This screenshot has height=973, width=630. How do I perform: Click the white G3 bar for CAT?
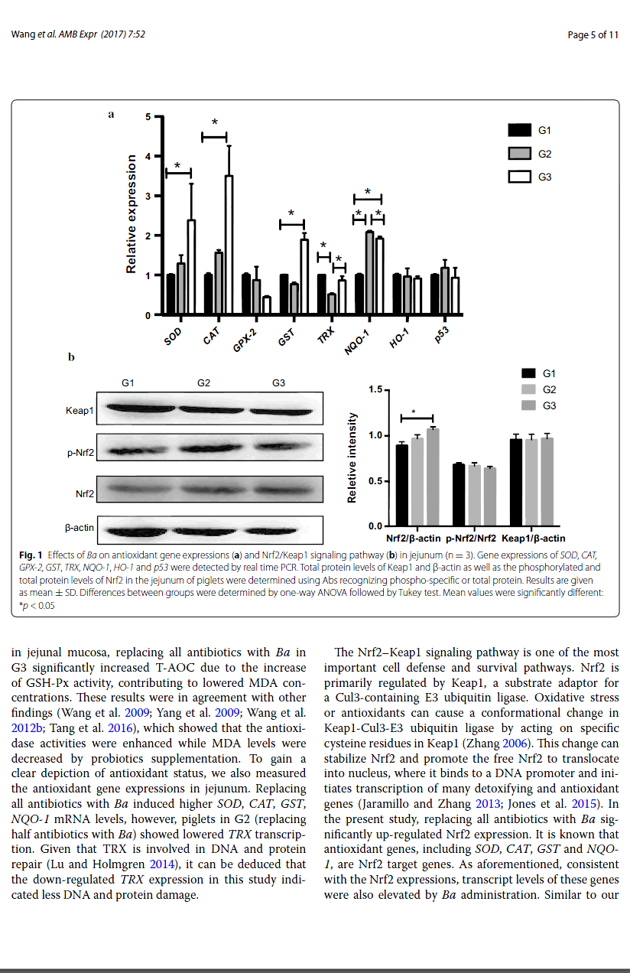coord(229,245)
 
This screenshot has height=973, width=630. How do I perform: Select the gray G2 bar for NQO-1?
coord(369,273)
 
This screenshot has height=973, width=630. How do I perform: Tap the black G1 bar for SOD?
coord(170,295)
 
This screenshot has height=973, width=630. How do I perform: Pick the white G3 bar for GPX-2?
coord(266,305)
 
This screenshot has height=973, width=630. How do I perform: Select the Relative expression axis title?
coord(132,214)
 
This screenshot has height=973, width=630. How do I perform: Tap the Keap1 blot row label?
coord(80,412)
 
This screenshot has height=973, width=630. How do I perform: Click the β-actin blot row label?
coord(78,528)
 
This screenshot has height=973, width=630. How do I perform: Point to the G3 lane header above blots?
coord(278,382)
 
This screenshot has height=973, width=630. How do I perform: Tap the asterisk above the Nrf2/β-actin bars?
coord(414,412)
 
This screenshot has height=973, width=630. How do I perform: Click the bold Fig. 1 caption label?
coord(29,554)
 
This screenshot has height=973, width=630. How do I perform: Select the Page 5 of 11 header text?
coord(593,34)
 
